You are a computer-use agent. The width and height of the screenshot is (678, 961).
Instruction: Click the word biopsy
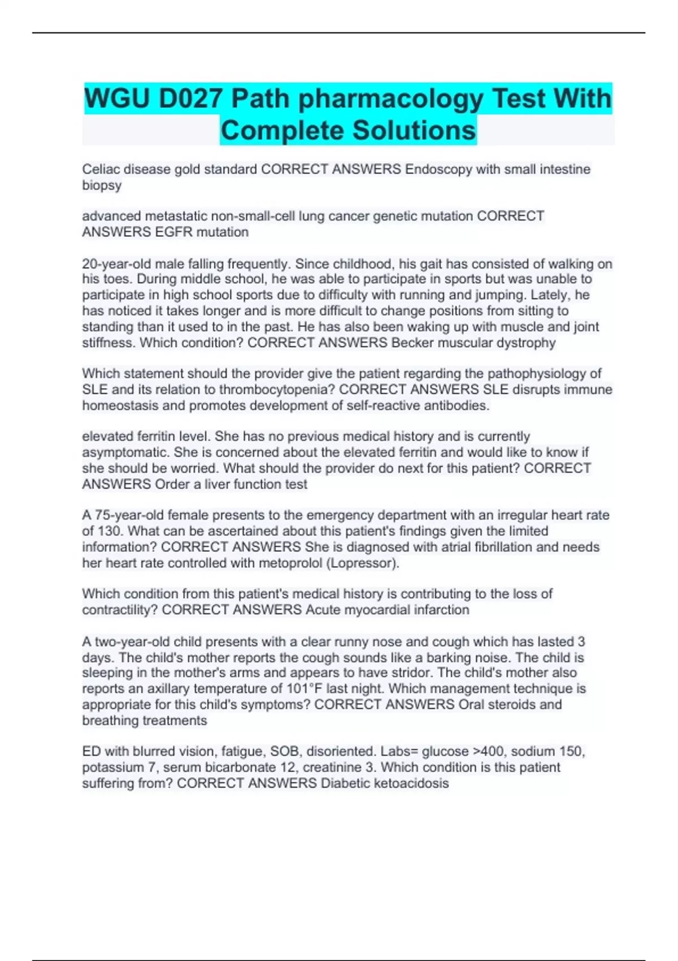102,185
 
